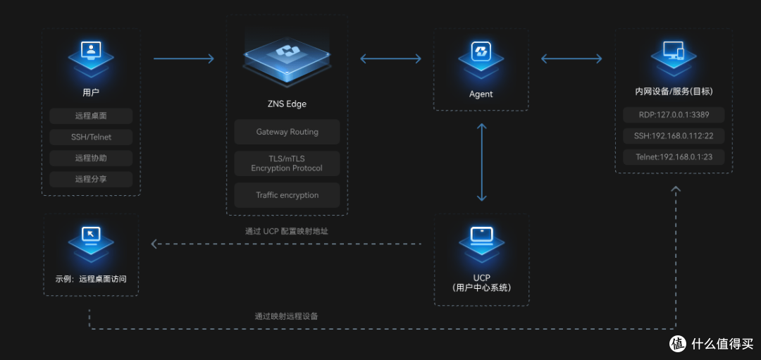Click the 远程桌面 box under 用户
click(x=91, y=116)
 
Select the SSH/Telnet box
click(x=91, y=137)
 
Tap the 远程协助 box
click(x=91, y=159)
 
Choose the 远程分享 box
click(x=91, y=179)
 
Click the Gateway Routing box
click(x=287, y=132)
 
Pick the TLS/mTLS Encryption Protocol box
click(x=287, y=163)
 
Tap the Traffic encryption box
click(x=287, y=195)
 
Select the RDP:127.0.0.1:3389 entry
click(x=674, y=115)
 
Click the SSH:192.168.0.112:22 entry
click(x=674, y=136)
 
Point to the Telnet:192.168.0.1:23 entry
click(x=674, y=156)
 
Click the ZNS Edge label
click(x=287, y=104)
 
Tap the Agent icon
click(x=481, y=58)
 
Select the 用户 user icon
click(x=91, y=58)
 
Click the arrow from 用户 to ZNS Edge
click(x=183, y=58)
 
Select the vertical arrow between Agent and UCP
click(x=481, y=162)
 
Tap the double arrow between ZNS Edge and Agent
click(x=390, y=58)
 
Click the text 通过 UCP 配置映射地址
click(x=287, y=231)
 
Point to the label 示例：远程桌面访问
click(x=91, y=279)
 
